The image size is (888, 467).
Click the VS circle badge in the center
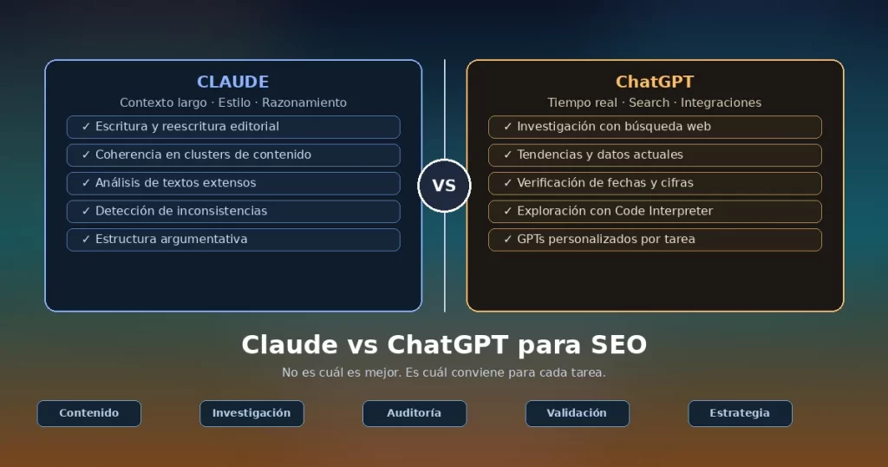(x=444, y=186)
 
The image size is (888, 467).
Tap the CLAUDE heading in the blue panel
(x=232, y=82)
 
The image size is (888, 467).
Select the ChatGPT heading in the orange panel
(x=655, y=82)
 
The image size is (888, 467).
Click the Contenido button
(x=89, y=413)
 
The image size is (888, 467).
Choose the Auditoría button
(x=415, y=413)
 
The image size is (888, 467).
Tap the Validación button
(x=577, y=413)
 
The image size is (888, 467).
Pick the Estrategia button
(x=740, y=413)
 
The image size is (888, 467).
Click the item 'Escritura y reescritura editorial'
(x=233, y=127)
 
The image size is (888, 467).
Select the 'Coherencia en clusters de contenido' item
(x=233, y=155)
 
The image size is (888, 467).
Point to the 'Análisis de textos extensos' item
(x=233, y=183)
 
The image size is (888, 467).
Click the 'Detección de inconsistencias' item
(x=233, y=212)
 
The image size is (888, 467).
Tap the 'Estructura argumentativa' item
(x=233, y=240)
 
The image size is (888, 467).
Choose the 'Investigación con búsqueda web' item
(x=655, y=127)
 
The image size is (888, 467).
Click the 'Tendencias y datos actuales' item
(x=655, y=155)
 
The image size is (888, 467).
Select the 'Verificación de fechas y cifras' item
(x=655, y=183)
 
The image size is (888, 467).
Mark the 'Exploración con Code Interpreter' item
(x=655, y=212)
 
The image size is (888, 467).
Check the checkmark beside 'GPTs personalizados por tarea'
(x=507, y=240)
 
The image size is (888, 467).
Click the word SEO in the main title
(x=618, y=345)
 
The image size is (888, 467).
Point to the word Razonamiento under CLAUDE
(x=304, y=102)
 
